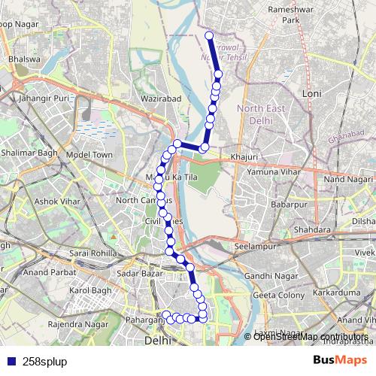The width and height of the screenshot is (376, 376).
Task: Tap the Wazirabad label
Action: tap(159, 98)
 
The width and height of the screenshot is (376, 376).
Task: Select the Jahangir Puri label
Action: tap(44, 98)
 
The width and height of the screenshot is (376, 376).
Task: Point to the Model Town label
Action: tap(89, 154)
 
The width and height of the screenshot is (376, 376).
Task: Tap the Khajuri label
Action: tap(244, 156)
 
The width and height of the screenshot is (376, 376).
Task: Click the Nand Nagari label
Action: tap(347, 180)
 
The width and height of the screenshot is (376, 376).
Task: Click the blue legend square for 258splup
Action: tap(11, 361)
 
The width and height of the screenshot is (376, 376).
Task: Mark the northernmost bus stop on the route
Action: tap(208, 35)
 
